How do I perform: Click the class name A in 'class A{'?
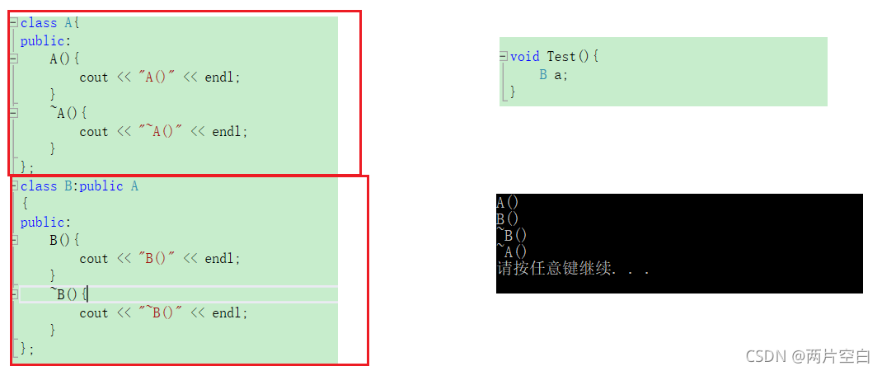pos(68,23)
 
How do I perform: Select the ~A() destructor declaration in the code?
pos(68,113)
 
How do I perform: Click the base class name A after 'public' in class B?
pos(134,186)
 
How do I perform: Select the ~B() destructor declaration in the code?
pos(68,294)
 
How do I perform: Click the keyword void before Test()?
pos(525,56)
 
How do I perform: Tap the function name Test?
pos(561,56)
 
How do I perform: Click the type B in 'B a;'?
pos(543,74)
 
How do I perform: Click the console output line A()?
pos(508,203)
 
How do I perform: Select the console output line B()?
pos(508,219)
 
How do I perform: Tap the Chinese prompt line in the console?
pos(572,269)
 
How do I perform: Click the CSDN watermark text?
pos(808,356)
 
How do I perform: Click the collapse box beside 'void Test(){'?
pos(504,56)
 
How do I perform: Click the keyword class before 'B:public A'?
pos(39,186)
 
